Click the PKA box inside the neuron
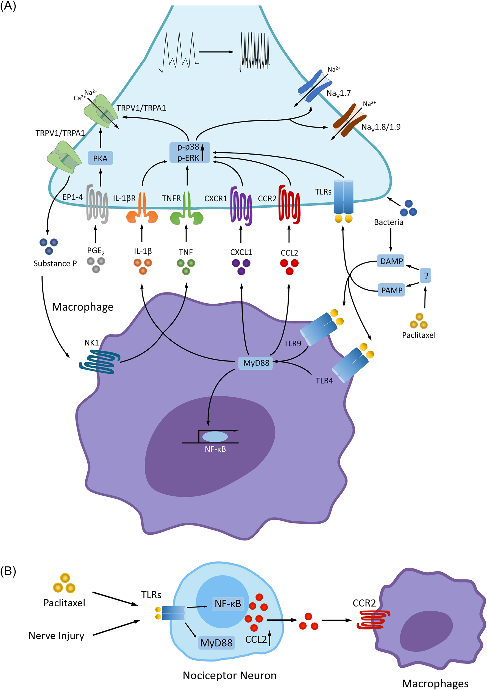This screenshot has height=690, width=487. click(x=100, y=158)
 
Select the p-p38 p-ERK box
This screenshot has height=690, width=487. click(x=190, y=152)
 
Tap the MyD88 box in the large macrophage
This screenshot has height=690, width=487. click(x=256, y=363)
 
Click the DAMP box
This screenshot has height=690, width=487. click(x=391, y=261)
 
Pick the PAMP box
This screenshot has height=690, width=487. click(x=391, y=290)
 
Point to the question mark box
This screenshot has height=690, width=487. click(x=425, y=276)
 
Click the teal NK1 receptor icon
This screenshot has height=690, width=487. click(x=100, y=363)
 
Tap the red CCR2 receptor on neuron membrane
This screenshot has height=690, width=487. click(x=289, y=205)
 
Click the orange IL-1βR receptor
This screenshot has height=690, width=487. click(x=142, y=209)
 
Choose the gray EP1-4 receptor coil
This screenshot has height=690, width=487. click(x=97, y=204)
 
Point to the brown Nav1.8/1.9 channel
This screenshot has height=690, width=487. click(x=349, y=120)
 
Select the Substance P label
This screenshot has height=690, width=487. click(x=55, y=263)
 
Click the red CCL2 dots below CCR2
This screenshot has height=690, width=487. click(x=289, y=266)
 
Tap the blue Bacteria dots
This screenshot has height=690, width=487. click(x=408, y=208)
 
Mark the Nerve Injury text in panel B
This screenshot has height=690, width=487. click(x=57, y=636)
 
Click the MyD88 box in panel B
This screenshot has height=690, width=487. click(x=216, y=643)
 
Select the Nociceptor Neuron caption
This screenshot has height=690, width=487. click(x=229, y=675)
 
